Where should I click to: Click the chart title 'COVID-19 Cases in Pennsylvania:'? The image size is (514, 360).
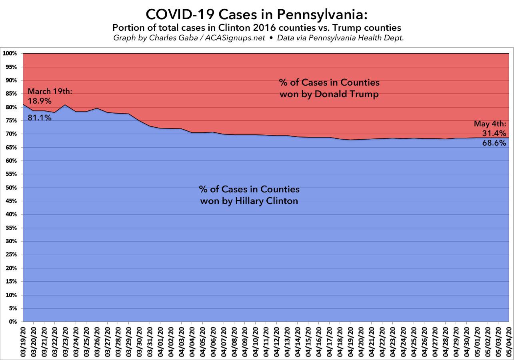256,14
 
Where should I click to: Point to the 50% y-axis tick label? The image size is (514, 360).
11,188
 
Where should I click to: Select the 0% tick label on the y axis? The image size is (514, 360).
12,322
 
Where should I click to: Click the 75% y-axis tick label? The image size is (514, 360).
11,121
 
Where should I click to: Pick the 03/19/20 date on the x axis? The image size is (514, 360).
23,340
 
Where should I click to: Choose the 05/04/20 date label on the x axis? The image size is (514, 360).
509,340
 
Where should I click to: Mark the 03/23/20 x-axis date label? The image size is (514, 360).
66,340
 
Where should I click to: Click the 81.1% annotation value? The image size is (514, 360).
40,118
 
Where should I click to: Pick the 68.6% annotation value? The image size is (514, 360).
495,143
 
